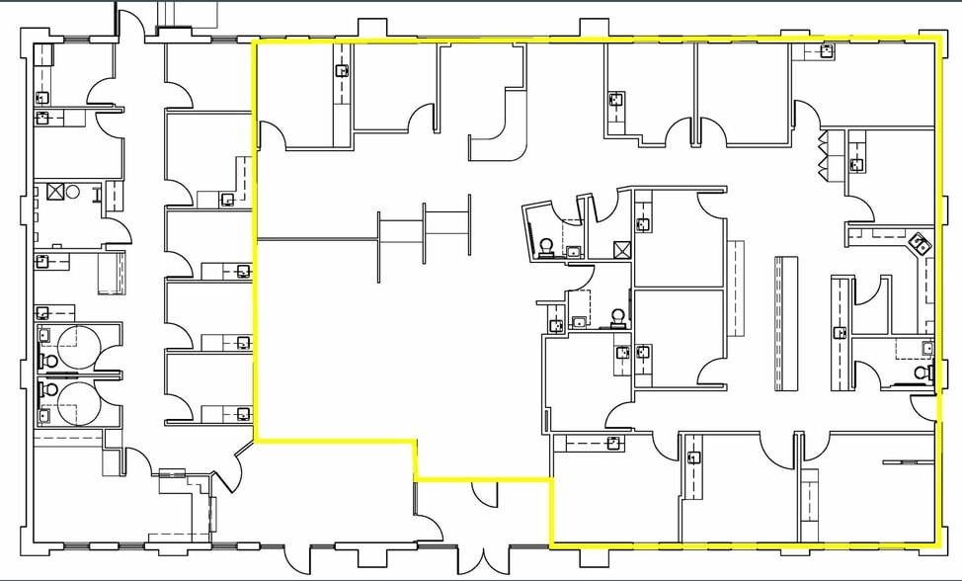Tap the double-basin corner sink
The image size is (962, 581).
point(921,242)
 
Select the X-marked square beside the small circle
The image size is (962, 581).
point(57,192)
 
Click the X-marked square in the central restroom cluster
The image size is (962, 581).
point(621,249)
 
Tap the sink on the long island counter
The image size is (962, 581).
point(840,333)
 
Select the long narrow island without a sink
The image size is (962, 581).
point(786,322)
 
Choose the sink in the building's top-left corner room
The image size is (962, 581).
point(42,97)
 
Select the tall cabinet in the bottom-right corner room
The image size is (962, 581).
point(809,504)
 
